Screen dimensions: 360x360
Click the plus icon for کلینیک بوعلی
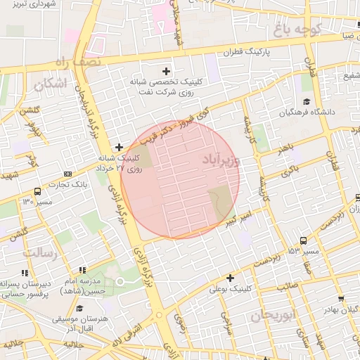[230, 278]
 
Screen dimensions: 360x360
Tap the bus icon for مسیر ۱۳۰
[37, 191]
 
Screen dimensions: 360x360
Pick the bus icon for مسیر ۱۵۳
[303, 240]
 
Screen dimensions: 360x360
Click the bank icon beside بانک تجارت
[67, 174]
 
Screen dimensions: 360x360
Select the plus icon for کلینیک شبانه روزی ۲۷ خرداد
[119, 148]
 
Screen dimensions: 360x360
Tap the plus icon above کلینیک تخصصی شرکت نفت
[166, 71]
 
